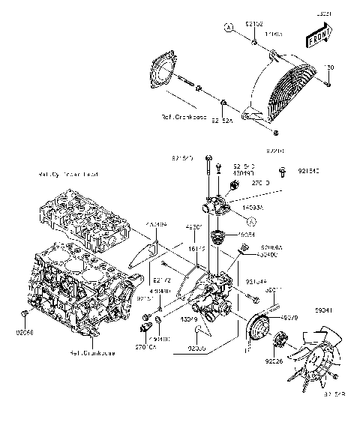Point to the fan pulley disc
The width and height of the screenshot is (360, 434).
259,330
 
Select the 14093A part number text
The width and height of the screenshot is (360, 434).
253,202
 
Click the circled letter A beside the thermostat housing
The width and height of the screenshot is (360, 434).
252,222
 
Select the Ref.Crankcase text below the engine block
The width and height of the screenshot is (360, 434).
92,352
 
